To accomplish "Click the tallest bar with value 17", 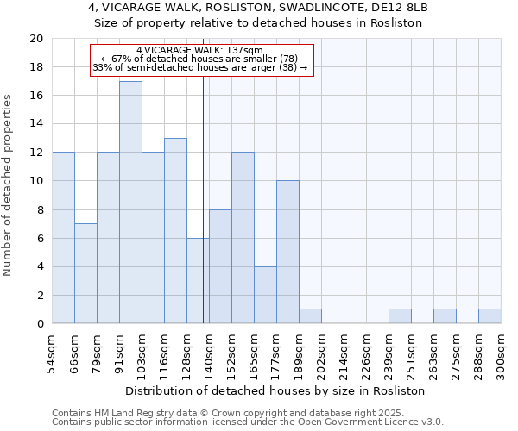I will point(130,203).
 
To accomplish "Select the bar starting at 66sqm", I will point(85,273).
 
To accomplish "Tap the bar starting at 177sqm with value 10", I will point(287,252).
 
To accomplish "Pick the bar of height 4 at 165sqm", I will point(265,295).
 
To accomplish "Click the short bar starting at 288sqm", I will point(490,316).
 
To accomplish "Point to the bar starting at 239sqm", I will point(400,316).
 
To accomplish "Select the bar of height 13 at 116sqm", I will point(175,231).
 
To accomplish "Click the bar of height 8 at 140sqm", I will point(220,266).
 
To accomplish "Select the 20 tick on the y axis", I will point(35,39).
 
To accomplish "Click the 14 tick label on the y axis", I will point(35,124).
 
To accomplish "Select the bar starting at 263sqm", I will point(445,316).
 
